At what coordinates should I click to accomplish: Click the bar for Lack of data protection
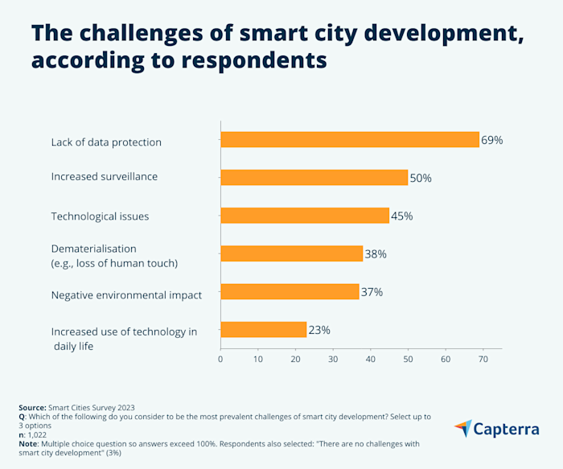pyautogui.click(x=350, y=140)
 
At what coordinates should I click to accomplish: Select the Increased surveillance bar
pyautogui.click(x=314, y=178)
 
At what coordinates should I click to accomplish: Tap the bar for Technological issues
pyautogui.click(x=305, y=216)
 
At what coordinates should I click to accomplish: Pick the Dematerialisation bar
pyautogui.click(x=291, y=253)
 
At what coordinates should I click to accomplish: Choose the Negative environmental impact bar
pyautogui.click(x=290, y=291)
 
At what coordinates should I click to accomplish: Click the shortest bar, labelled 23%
pyautogui.click(x=263, y=329)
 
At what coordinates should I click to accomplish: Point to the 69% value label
pyautogui.click(x=491, y=141)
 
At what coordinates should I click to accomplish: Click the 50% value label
pyautogui.click(x=421, y=179)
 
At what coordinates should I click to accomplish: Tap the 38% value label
pyautogui.click(x=376, y=254)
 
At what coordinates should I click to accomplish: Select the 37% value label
pyautogui.click(x=372, y=292)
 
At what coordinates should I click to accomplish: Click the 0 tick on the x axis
pyautogui.click(x=220, y=359)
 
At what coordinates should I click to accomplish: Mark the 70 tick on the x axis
pyautogui.click(x=483, y=359)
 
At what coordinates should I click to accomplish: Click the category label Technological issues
pyautogui.click(x=100, y=216)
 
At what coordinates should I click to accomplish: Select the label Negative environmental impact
pyautogui.click(x=126, y=295)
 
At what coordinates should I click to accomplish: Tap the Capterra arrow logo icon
pyautogui.click(x=463, y=429)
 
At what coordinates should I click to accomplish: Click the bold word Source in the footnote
pyautogui.click(x=32, y=409)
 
